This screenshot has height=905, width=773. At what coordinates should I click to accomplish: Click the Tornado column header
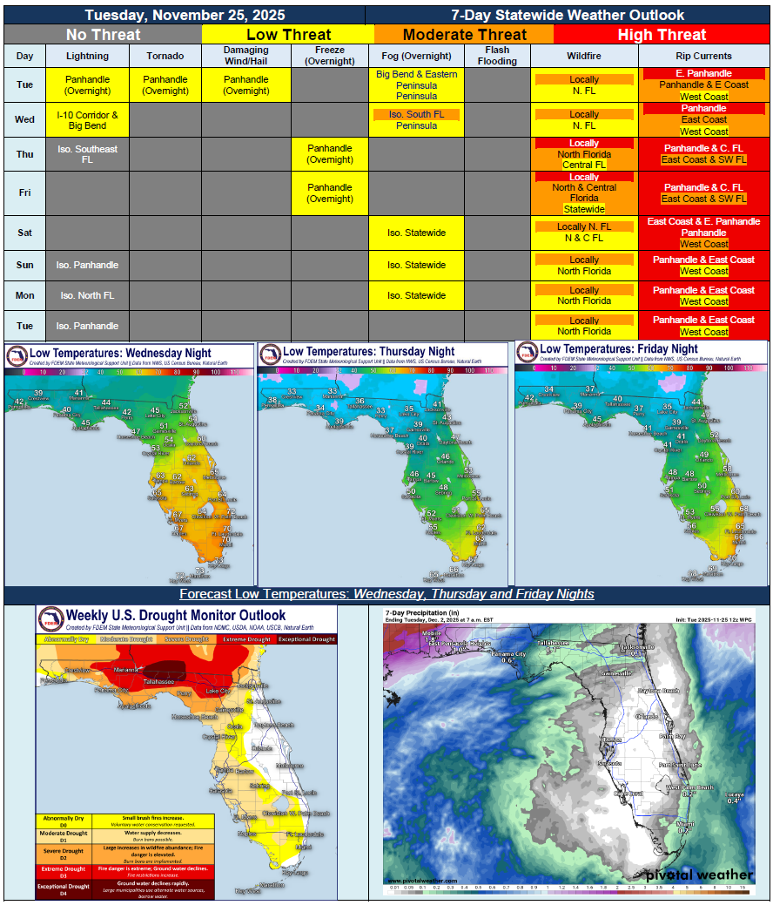click(x=165, y=56)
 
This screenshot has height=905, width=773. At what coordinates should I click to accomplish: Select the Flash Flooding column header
click(x=498, y=56)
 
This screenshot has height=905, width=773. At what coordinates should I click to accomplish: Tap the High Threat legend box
click(x=662, y=35)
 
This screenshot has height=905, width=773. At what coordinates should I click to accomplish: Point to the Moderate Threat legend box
click(x=464, y=35)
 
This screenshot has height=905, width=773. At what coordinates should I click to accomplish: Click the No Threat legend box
click(x=103, y=35)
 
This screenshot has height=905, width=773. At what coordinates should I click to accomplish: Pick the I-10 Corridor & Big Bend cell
click(x=87, y=120)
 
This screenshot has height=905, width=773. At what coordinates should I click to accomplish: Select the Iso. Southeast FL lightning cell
click(x=87, y=154)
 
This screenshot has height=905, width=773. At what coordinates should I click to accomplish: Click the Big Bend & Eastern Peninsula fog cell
click(x=417, y=85)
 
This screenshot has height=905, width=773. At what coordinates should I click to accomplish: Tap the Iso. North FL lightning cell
click(x=87, y=295)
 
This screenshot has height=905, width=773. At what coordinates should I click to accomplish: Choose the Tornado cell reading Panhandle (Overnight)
click(x=165, y=85)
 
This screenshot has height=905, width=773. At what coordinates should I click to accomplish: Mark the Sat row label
click(x=25, y=233)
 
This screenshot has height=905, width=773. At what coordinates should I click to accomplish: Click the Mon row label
click(x=25, y=295)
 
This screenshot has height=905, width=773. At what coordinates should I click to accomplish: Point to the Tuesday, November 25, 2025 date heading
click(x=184, y=15)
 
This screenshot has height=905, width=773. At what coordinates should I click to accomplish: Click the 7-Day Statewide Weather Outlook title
click(x=568, y=15)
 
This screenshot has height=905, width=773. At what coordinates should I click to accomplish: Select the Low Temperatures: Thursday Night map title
click(x=369, y=351)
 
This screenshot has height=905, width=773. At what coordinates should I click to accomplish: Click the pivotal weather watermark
click(x=700, y=874)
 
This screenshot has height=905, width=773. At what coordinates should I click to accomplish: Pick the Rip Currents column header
click(x=703, y=56)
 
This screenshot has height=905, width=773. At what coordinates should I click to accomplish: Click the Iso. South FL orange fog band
click(x=417, y=114)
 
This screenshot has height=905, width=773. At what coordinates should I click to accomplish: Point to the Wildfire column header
click(x=584, y=56)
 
